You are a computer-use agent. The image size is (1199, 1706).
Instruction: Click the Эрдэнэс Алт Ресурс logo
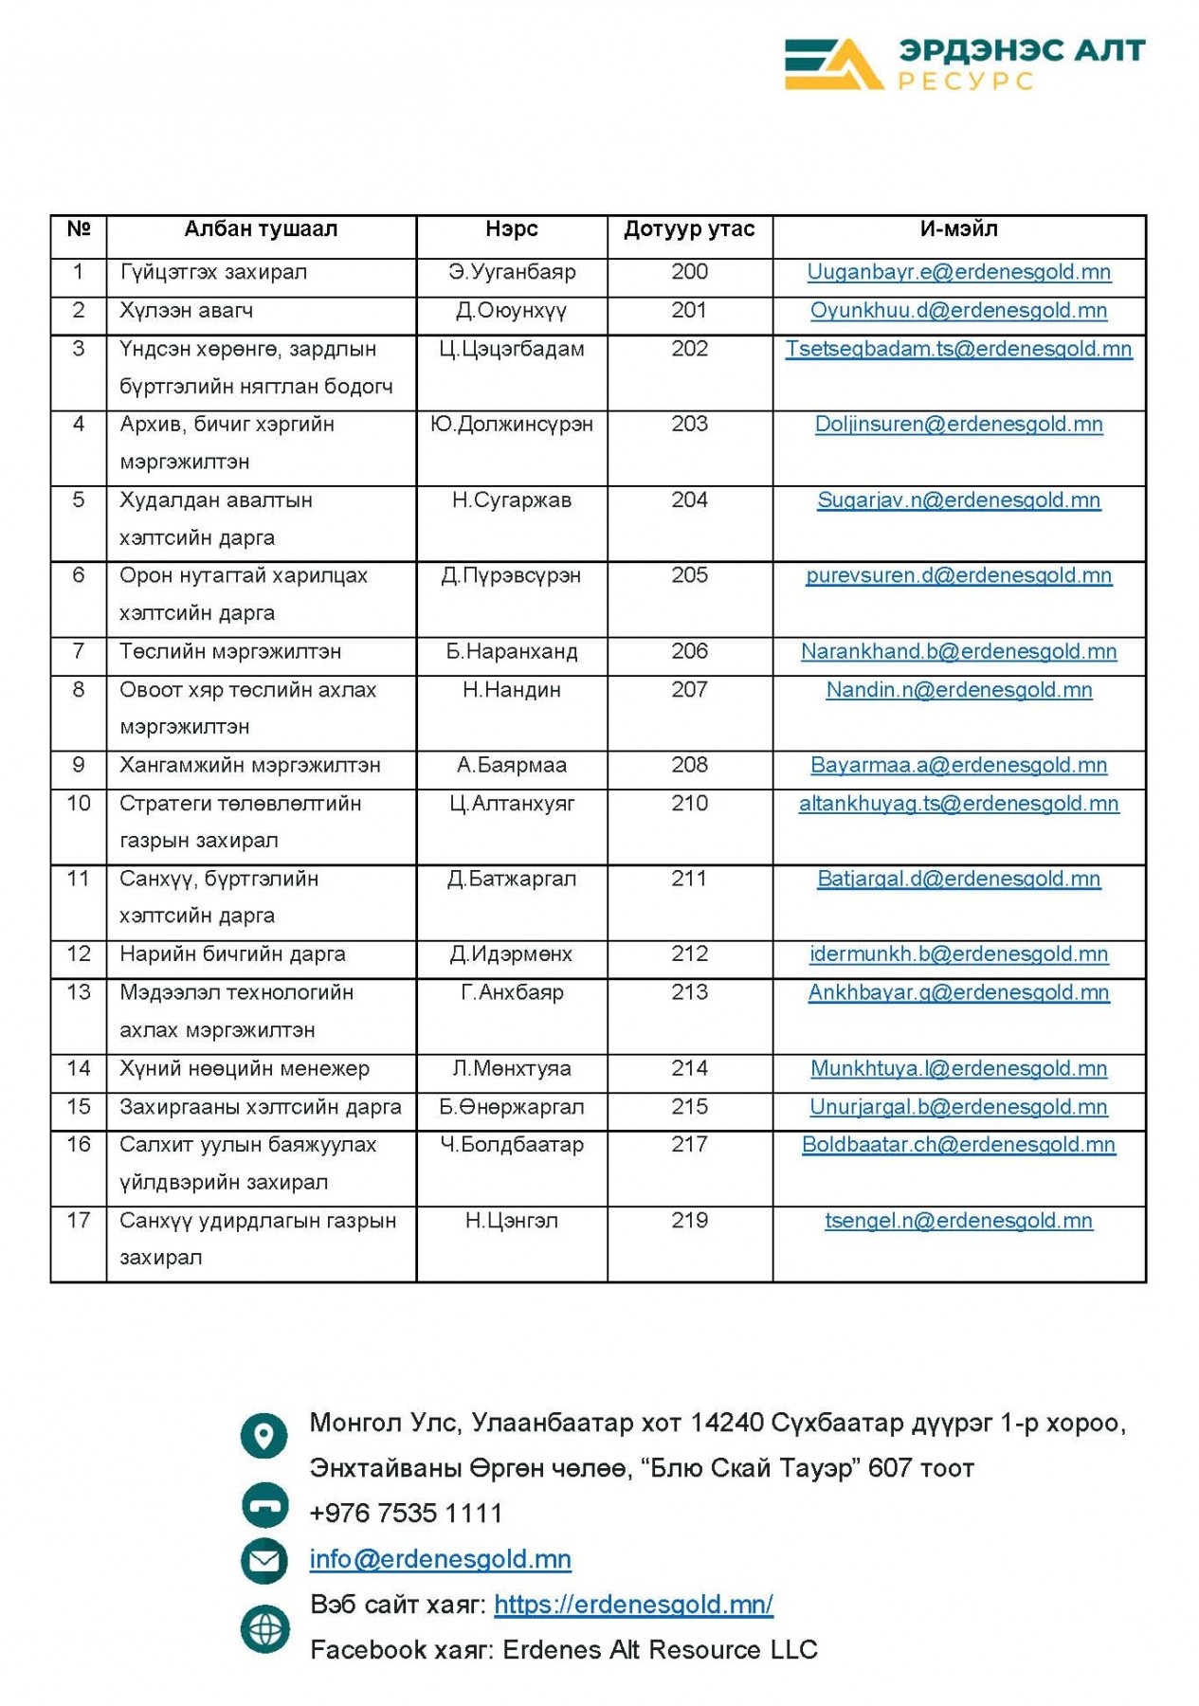[x=964, y=64]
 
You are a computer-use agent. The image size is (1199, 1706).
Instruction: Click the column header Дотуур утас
[x=689, y=229]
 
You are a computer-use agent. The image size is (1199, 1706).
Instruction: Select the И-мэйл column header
[x=958, y=229]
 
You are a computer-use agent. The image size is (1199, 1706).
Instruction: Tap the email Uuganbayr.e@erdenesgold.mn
[x=958, y=273]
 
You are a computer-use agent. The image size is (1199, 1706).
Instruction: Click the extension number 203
[x=689, y=425]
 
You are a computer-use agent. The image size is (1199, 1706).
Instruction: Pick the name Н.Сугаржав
[x=512, y=500]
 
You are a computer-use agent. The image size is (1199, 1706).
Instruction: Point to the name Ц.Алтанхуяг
[x=512, y=804]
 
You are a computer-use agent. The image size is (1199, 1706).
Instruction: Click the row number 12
[x=79, y=954]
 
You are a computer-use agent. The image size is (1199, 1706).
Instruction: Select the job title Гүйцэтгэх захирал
[x=213, y=273]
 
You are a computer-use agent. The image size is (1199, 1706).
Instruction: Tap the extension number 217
[x=689, y=1145]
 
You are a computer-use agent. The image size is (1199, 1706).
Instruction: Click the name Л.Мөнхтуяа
[x=512, y=1069]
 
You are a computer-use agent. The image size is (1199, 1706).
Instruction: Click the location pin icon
[x=263, y=1435]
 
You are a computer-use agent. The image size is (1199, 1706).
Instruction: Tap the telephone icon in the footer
[x=264, y=1505]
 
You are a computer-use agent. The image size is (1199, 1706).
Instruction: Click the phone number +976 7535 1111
[x=406, y=1513]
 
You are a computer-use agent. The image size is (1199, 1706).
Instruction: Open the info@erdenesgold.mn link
[x=441, y=1559]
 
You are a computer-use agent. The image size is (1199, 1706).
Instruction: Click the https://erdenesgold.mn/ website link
[x=633, y=1605]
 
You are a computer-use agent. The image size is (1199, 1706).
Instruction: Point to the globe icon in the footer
[x=264, y=1628]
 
